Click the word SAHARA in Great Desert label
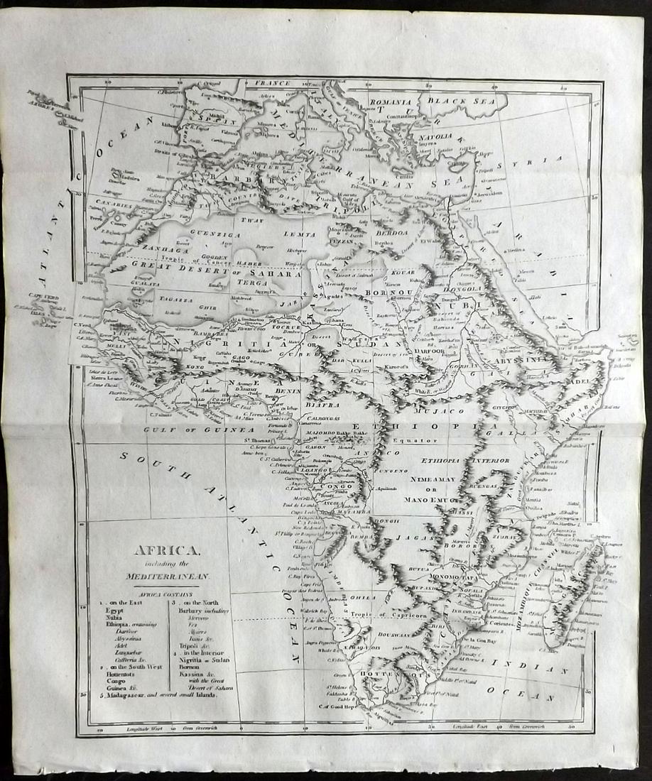coord(281,271)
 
